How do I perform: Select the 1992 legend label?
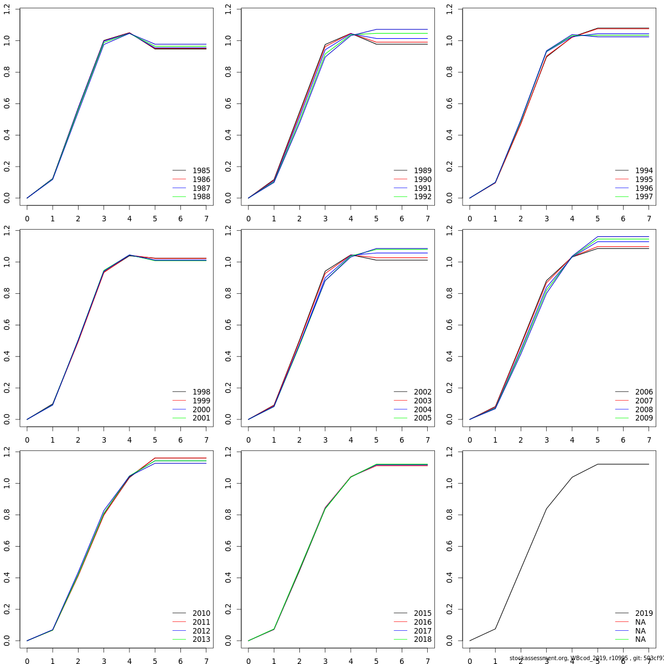coord(422,196)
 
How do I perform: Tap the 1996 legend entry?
coord(644,188)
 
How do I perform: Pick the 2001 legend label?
coord(201,418)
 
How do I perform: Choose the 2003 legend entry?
coord(422,401)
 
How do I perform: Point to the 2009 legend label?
coord(644,418)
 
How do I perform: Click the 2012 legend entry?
coord(201,631)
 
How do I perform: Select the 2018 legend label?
coord(422,639)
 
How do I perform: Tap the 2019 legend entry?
coord(644,613)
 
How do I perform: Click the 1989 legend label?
coord(422,170)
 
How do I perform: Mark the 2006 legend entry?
coord(644,392)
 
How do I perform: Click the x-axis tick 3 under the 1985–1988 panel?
coord(103,219)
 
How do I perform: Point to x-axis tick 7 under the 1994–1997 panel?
coord(649,219)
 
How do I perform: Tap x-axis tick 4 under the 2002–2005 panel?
coord(351,440)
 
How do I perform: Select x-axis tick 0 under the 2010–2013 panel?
coord(27,661)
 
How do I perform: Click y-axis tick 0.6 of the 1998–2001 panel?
coord(7,325)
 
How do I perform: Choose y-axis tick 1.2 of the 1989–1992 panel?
coord(228,9)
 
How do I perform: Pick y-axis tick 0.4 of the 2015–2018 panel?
coord(228,578)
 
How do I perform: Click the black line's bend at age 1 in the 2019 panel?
coord(495,629)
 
